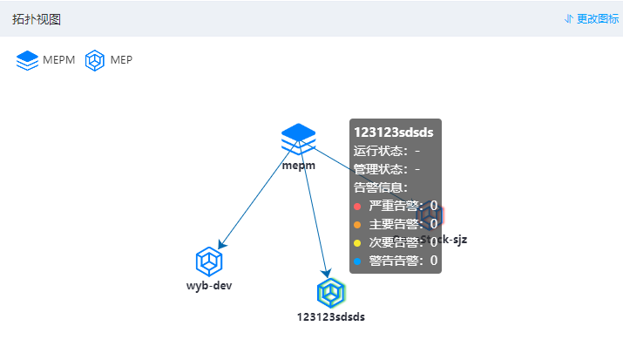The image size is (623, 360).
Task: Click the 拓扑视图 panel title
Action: [x=37, y=19]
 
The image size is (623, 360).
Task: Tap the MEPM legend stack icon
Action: [x=28, y=60]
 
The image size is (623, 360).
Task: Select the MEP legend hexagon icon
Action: [x=95, y=60]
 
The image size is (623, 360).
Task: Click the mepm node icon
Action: [x=298, y=139]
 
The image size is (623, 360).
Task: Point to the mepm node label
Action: [x=298, y=165]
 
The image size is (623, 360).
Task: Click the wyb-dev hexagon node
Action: [x=209, y=262]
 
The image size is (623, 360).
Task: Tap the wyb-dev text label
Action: [x=209, y=286]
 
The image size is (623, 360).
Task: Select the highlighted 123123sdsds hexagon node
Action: [x=331, y=292]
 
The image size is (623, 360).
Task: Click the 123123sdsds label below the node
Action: [x=331, y=316]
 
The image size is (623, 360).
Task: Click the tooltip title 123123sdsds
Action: [x=393, y=132]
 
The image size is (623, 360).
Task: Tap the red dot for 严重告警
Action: [x=357, y=206]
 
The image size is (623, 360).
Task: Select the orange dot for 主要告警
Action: [x=357, y=224]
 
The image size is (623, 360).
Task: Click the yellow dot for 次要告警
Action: [x=357, y=242]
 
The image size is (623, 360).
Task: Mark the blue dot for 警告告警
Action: [x=357, y=260]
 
